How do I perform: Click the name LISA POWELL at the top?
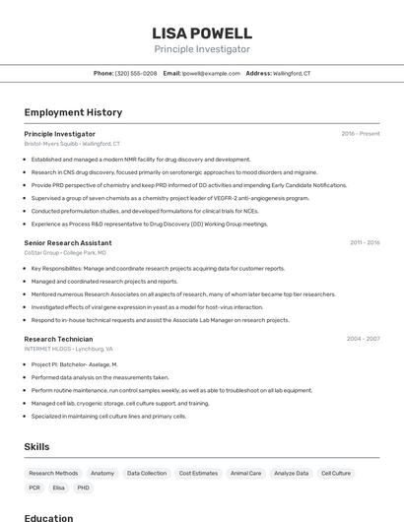point(202,33)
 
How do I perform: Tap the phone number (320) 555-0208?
point(136,73)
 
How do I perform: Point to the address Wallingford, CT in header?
point(292,73)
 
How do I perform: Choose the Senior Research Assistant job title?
point(68,242)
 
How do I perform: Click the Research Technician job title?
point(60,338)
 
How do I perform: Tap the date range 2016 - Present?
point(361,133)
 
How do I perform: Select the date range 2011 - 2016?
point(364,242)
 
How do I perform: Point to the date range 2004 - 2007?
point(363,338)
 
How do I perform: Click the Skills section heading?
point(36,446)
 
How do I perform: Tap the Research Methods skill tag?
point(53,473)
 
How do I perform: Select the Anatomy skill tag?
point(102,473)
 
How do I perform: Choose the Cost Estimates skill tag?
point(198,473)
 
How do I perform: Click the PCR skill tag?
point(34,488)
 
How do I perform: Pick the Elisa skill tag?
point(59,488)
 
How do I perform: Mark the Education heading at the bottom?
point(48,517)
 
